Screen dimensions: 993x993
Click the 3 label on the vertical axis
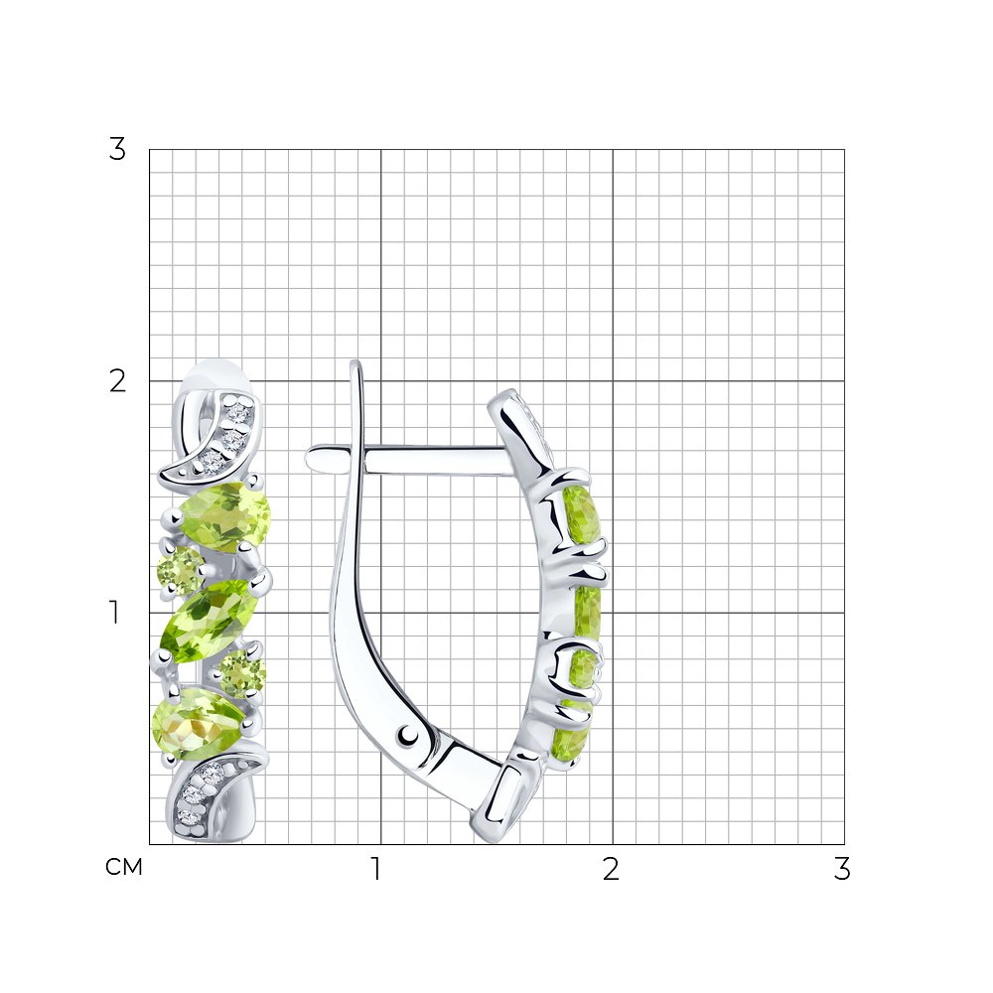coord(117,150)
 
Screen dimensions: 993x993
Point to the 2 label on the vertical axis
coord(118,381)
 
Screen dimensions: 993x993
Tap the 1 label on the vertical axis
coord(114,613)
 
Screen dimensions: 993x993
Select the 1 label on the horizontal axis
coord(376,869)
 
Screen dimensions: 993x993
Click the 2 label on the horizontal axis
coord(611,869)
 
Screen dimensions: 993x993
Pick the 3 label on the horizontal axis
coord(842,869)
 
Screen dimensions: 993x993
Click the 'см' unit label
coord(124,867)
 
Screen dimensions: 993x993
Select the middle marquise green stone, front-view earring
coord(211,622)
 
